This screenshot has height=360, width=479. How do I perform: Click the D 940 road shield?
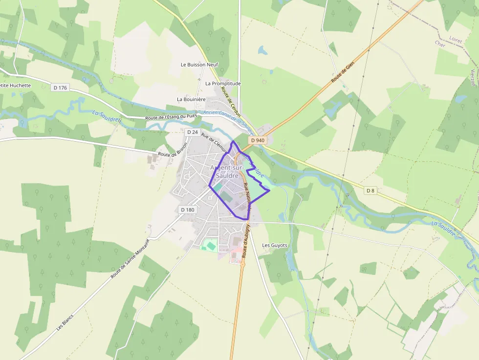tap(258, 140)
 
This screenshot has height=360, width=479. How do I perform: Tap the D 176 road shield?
tap(60, 87)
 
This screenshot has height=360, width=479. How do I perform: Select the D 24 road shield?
tap(192, 132)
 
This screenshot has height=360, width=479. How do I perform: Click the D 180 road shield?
tap(187, 210)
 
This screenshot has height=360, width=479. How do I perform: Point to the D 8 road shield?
tap(371, 191)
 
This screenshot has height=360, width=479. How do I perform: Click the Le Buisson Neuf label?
tap(199, 64)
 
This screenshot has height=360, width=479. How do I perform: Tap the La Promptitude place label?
tap(223, 84)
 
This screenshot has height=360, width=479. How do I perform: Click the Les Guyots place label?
tap(275, 245)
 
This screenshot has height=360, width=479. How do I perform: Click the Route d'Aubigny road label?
tap(246, 240)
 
